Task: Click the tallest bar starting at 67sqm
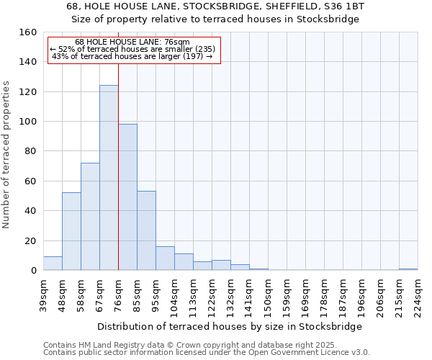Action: tap(109, 178)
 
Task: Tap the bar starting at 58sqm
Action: tap(90, 216)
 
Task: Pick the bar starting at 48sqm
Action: tap(71, 231)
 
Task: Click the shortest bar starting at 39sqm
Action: tap(53, 264)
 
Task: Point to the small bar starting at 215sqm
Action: tap(408, 269)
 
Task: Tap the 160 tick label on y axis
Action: tap(27, 32)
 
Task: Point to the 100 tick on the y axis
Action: tap(27, 122)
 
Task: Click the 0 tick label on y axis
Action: tap(33, 271)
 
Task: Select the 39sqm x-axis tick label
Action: tap(43, 294)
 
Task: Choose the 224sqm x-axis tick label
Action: tap(418, 294)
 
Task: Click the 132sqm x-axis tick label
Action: tap(230, 294)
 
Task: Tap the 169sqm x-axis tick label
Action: tap(305, 294)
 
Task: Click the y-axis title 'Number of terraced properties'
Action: tap(7, 155)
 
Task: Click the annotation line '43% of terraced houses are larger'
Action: tap(133, 56)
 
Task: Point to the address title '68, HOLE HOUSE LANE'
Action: tap(215, 6)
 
